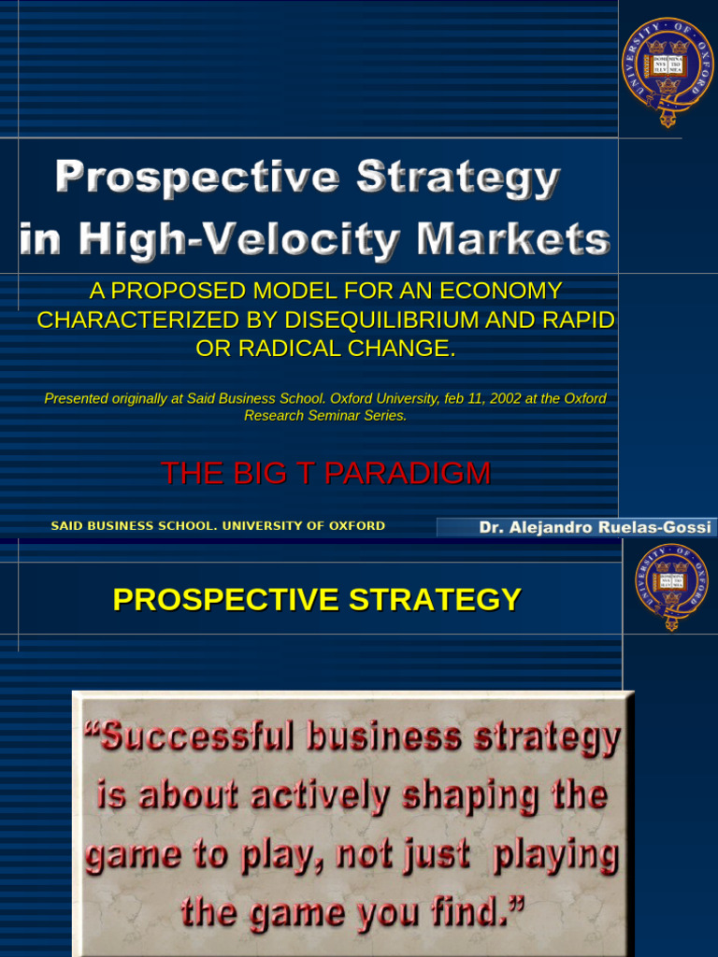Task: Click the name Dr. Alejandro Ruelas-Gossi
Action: (x=595, y=527)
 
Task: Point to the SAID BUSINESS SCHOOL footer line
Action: (x=218, y=526)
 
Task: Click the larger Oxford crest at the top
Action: (x=668, y=72)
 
